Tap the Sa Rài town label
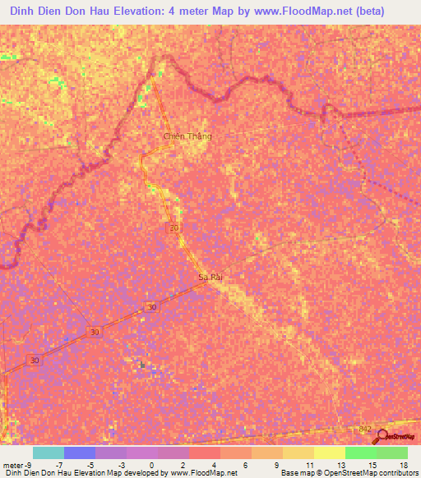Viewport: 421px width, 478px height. click(x=211, y=278)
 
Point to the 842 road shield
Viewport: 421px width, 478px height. click(x=367, y=429)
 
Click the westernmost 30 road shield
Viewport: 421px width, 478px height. click(x=34, y=361)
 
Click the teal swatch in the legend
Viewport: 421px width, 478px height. click(x=48, y=453)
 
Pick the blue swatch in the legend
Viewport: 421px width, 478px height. click(x=79, y=453)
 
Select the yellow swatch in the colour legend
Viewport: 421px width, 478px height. click(x=329, y=453)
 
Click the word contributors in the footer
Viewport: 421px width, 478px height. click(x=394, y=473)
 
